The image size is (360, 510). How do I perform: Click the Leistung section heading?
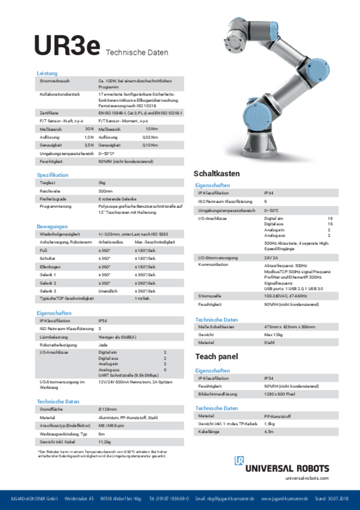(47, 74)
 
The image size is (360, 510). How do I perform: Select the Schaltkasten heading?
(217, 173)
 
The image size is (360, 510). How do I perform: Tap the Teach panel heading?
(217, 356)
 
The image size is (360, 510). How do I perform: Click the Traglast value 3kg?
(102, 183)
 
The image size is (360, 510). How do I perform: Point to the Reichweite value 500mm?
(105, 191)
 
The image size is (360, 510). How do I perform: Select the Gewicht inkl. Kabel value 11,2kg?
(105, 442)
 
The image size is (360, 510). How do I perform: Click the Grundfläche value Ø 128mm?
(107, 409)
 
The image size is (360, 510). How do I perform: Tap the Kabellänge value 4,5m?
(269, 432)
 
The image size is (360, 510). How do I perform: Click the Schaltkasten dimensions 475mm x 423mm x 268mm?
(290, 326)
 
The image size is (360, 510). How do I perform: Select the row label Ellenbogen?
(49, 266)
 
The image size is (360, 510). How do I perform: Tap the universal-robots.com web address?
(307, 478)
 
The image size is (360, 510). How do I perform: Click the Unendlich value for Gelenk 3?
(107, 290)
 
